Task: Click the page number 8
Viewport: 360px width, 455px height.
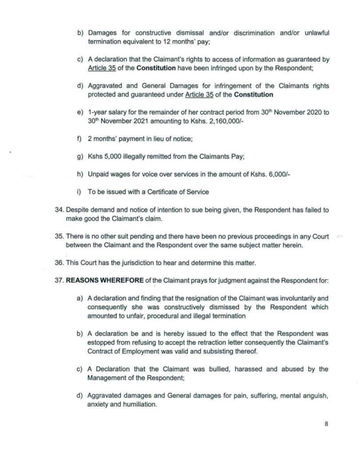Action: point(326,423)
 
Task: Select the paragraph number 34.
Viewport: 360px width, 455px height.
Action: point(60,210)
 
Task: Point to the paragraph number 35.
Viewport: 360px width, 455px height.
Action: point(60,237)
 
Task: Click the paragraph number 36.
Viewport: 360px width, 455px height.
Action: point(60,263)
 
